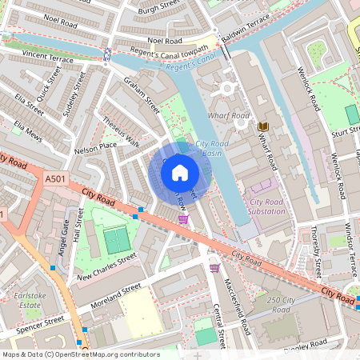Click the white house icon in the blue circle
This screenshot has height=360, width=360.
(180, 171)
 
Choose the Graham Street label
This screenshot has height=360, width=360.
(142, 94)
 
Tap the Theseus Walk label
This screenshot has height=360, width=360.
(121, 133)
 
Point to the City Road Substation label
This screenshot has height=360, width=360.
(267, 206)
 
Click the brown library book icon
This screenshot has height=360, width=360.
(264, 126)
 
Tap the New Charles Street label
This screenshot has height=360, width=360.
(106, 266)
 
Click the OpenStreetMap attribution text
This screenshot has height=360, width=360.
(81, 354)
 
